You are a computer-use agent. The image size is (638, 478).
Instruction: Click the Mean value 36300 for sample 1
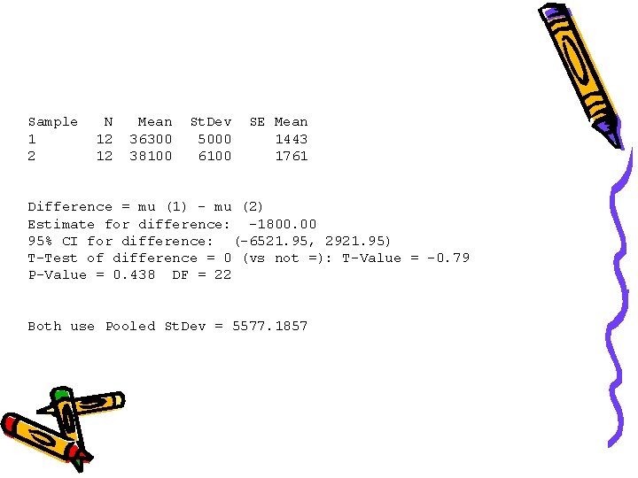(x=151, y=139)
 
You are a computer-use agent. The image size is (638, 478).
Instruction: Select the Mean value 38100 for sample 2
(x=151, y=156)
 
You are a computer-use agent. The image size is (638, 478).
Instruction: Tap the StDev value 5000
(x=214, y=139)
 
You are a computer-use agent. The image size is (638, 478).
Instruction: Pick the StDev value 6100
(x=214, y=156)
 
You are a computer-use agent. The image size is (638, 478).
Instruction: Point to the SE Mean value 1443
(x=292, y=139)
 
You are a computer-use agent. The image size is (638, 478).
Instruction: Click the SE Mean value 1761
(x=292, y=156)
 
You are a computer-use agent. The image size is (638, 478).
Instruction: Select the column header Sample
(x=53, y=121)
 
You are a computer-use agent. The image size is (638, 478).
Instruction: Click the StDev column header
(x=211, y=121)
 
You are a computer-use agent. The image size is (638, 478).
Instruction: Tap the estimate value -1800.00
(x=283, y=224)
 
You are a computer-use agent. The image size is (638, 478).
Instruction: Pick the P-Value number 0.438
(x=134, y=274)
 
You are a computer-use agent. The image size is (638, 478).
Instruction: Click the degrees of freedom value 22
(x=223, y=274)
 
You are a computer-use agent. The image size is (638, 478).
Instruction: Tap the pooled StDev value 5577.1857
(x=270, y=326)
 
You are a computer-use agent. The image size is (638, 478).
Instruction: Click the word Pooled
(x=130, y=326)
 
